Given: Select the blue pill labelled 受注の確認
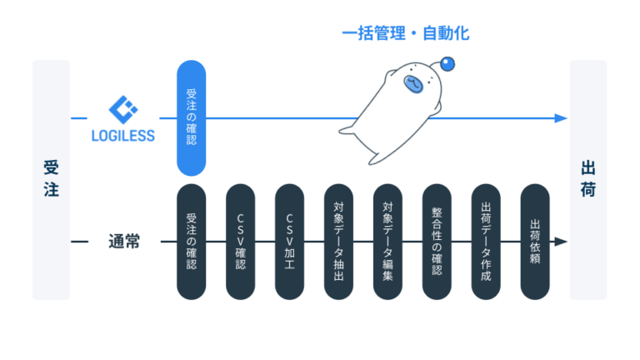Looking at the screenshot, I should coord(192,117).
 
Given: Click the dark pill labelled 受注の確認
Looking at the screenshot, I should coord(192,241).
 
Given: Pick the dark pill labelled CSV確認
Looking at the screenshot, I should coord(241,241).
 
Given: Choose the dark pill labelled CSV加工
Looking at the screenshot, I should coord(290,241).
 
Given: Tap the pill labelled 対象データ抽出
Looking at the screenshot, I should coord(339,241).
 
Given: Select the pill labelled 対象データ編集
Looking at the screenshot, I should coord(388,241).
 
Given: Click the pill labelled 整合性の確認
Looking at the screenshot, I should coord(437,241).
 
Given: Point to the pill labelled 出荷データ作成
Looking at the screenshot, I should coord(487,241).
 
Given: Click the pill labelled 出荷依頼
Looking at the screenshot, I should coord(535,241).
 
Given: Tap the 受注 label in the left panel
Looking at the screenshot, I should coord(51,179).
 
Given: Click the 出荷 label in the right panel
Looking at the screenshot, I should coord(587,179).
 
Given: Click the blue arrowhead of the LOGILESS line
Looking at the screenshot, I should coord(562,118).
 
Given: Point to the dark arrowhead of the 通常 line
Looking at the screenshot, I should coord(562,242).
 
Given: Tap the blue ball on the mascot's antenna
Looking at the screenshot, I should coord(448,62).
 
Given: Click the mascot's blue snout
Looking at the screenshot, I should coord(413,83).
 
